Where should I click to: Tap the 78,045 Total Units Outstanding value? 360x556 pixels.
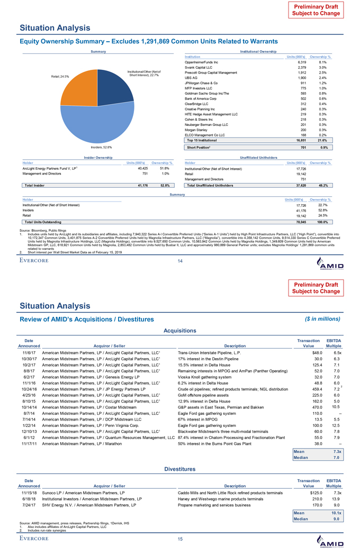tap(300, 236)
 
